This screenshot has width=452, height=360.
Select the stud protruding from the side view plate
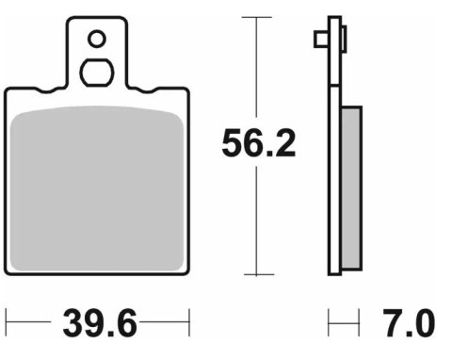(x=321, y=39)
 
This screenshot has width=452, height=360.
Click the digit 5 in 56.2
(x=233, y=144)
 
